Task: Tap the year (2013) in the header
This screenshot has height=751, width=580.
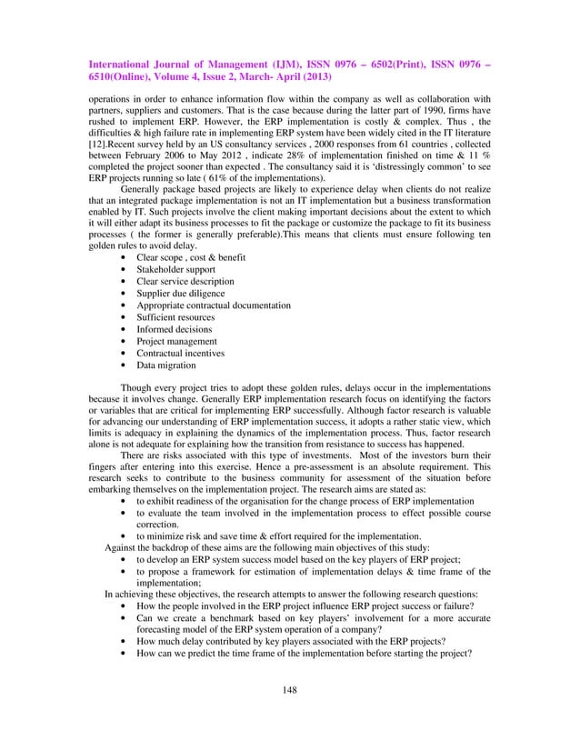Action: coord(316,78)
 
